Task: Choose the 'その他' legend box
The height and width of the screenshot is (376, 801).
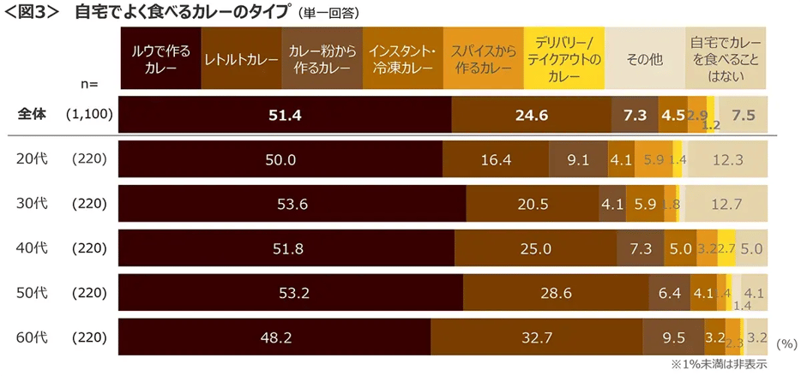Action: point(644,59)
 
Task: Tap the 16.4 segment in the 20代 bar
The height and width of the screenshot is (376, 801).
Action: point(496,159)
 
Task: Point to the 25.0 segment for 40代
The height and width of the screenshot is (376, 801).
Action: point(534,248)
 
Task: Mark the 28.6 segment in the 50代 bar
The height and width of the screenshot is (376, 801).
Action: point(556,293)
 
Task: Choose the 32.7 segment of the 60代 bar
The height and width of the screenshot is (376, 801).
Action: point(536,337)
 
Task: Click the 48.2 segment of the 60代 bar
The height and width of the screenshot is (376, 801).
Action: point(274,337)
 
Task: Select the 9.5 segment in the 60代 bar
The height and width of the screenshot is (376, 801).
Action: point(672,337)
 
